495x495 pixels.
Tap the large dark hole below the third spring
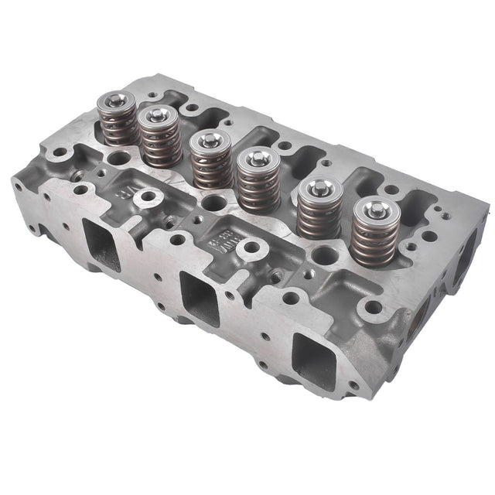(213, 203)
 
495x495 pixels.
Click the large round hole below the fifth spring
(291, 297)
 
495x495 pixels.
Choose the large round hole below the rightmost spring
(373, 307)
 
